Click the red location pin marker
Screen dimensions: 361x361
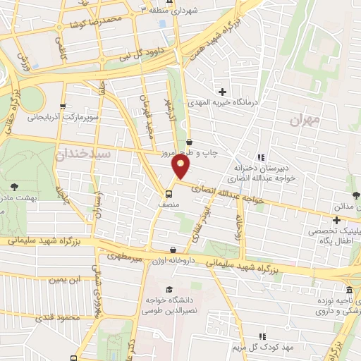point(182,167)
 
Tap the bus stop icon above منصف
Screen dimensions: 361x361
point(170,193)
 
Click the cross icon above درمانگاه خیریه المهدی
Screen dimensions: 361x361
point(223,92)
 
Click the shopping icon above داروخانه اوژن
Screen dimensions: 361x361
point(173,249)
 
